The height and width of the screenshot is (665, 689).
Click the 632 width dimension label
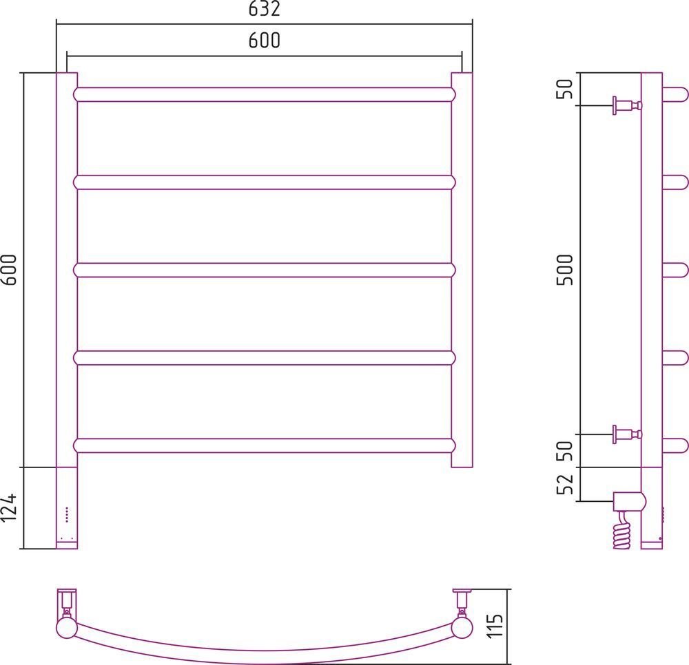(264, 9)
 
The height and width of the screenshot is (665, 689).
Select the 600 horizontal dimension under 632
(264, 41)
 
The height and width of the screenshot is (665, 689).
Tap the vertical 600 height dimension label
(9, 270)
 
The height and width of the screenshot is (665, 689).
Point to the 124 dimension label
(9, 508)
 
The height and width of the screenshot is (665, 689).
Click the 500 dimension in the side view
(566, 270)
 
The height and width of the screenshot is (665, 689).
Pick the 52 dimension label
(566, 484)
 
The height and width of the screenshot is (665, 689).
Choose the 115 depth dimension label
(495, 626)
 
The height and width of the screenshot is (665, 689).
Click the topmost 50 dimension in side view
(566, 89)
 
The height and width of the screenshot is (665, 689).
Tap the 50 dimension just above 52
(566, 451)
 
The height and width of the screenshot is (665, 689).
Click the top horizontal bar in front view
(265, 95)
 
